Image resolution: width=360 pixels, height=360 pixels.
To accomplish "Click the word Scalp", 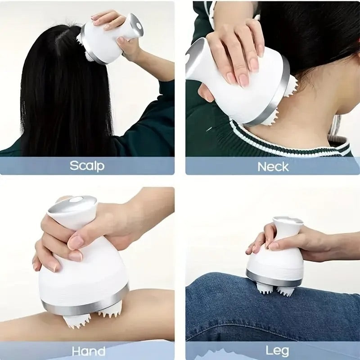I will (x=87, y=165).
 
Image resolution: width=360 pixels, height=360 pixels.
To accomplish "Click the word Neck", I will (x=273, y=166).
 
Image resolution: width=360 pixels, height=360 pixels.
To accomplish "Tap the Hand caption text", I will (x=89, y=351).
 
